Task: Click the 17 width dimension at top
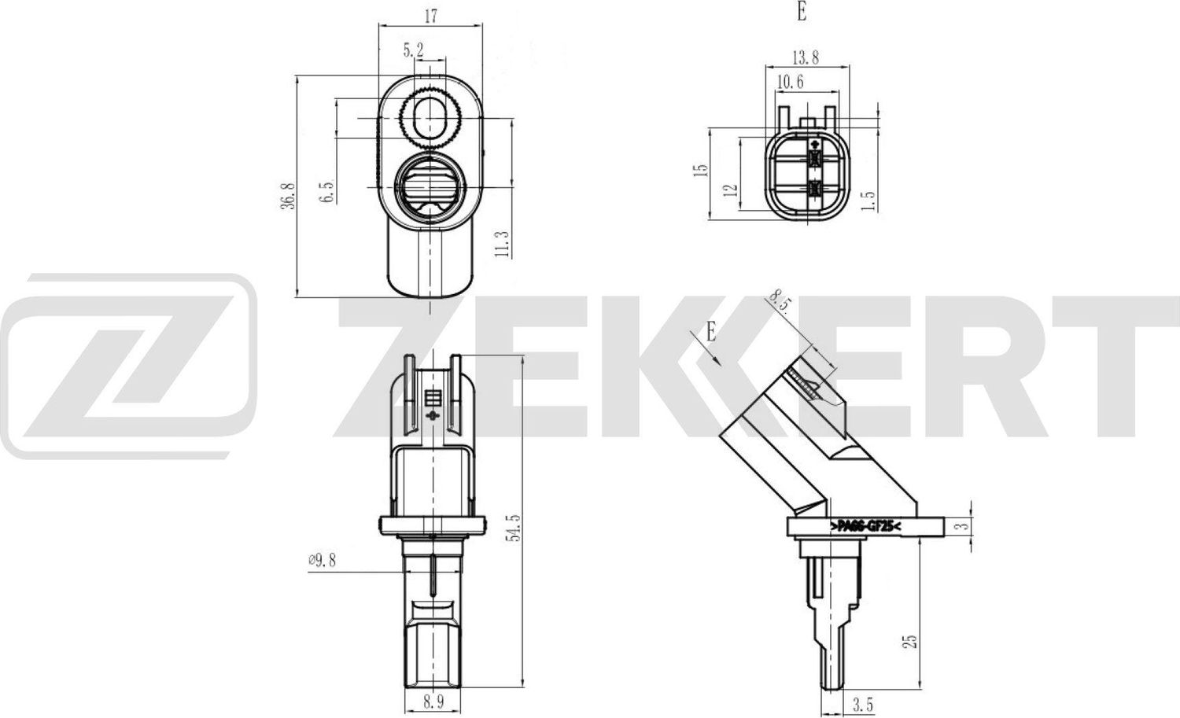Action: tap(430, 15)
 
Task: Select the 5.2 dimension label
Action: tap(413, 50)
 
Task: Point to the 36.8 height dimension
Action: tap(288, 195)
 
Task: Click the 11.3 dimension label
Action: tap(503, 244)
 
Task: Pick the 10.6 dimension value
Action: tap(789, 82)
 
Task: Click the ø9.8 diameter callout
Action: tap(322, 560)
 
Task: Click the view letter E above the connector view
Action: tap(801, 12)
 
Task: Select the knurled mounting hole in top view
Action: tap(429, 119)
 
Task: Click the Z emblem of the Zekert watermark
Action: tap(128, 366)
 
